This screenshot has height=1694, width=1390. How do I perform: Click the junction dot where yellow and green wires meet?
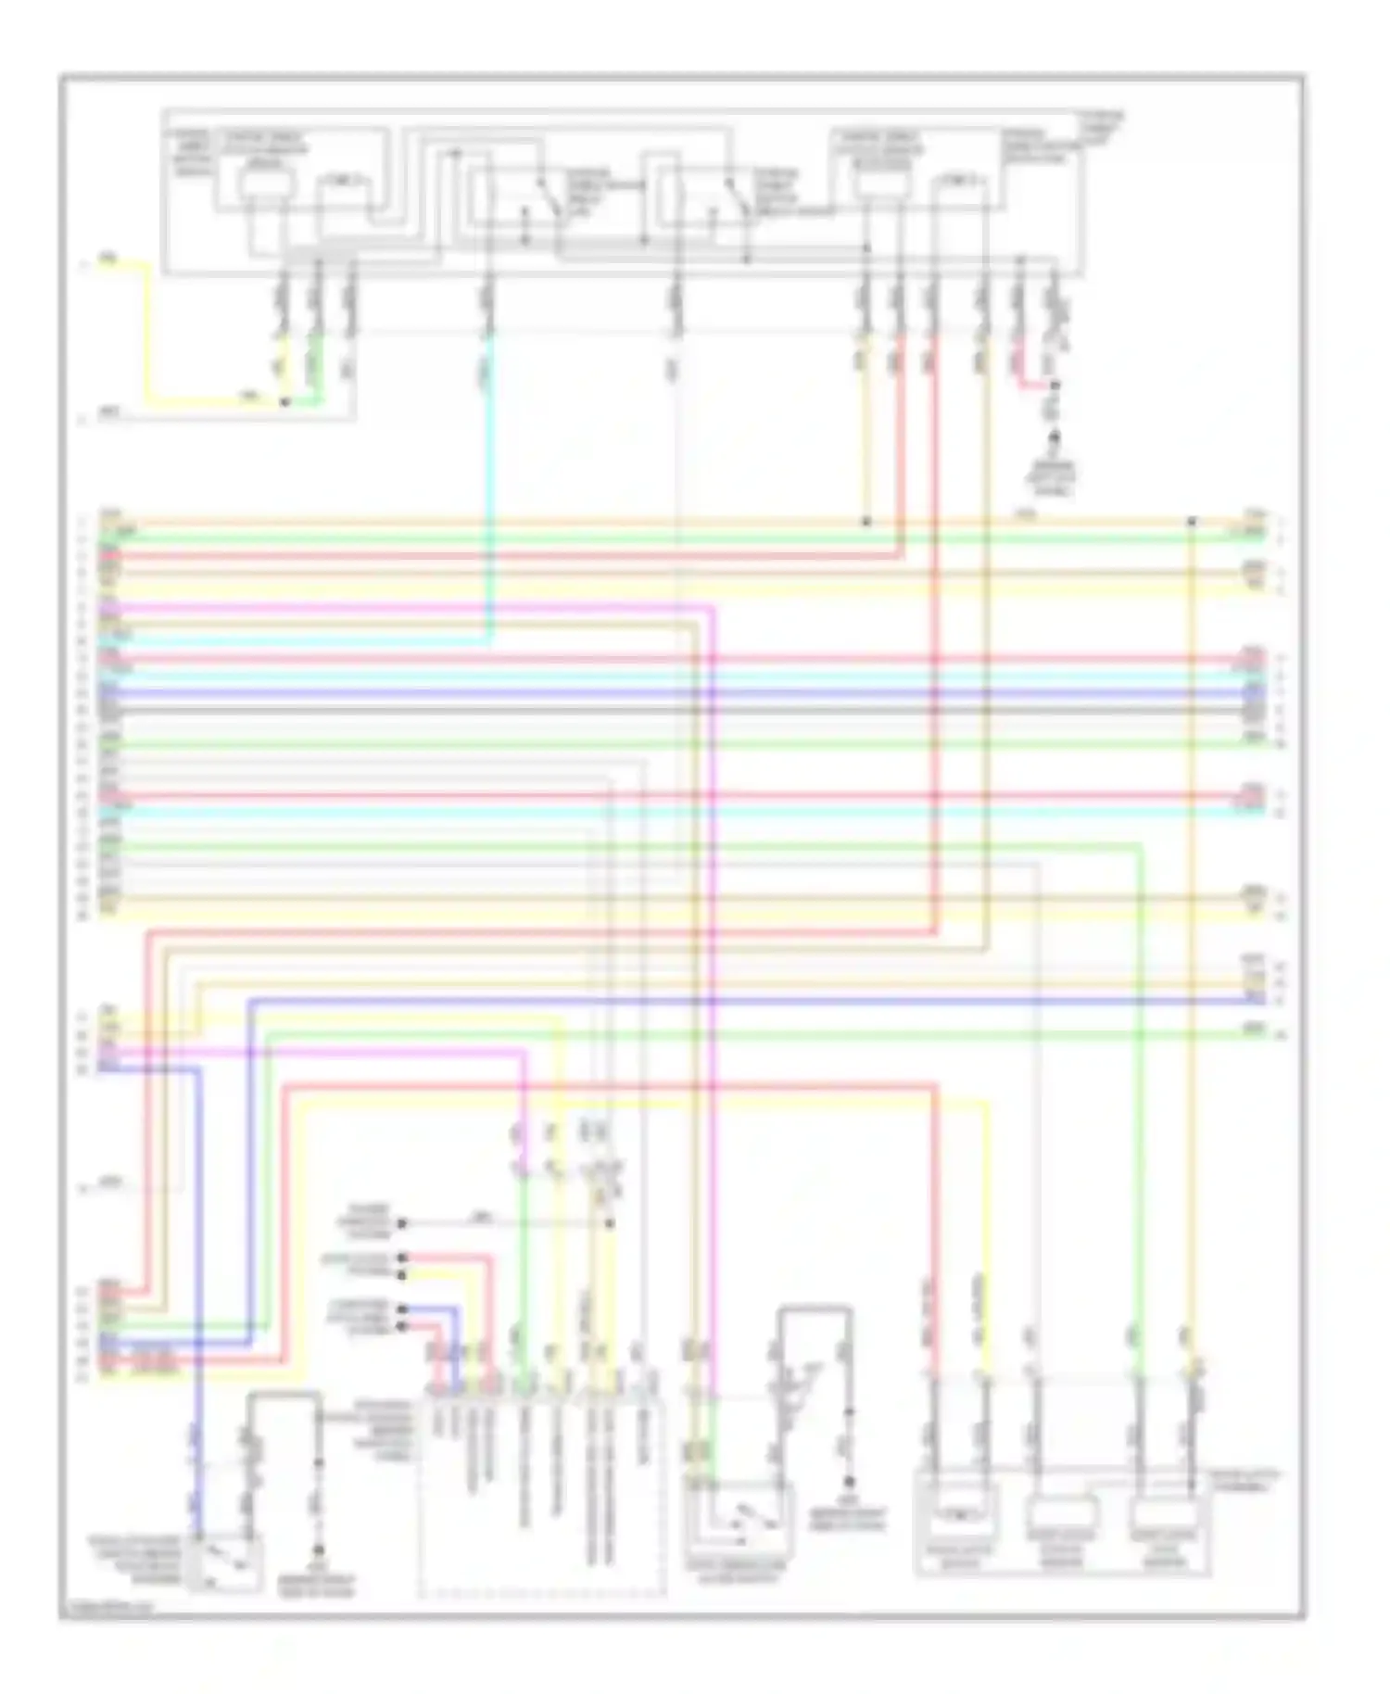tap(285, 402)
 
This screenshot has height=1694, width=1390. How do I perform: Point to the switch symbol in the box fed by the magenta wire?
tap(741, 1520)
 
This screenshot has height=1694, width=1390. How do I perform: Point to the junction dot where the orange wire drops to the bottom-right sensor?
tap(1193, 523)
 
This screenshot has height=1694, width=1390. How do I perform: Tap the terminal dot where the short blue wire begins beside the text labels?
tap(402, 1309)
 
